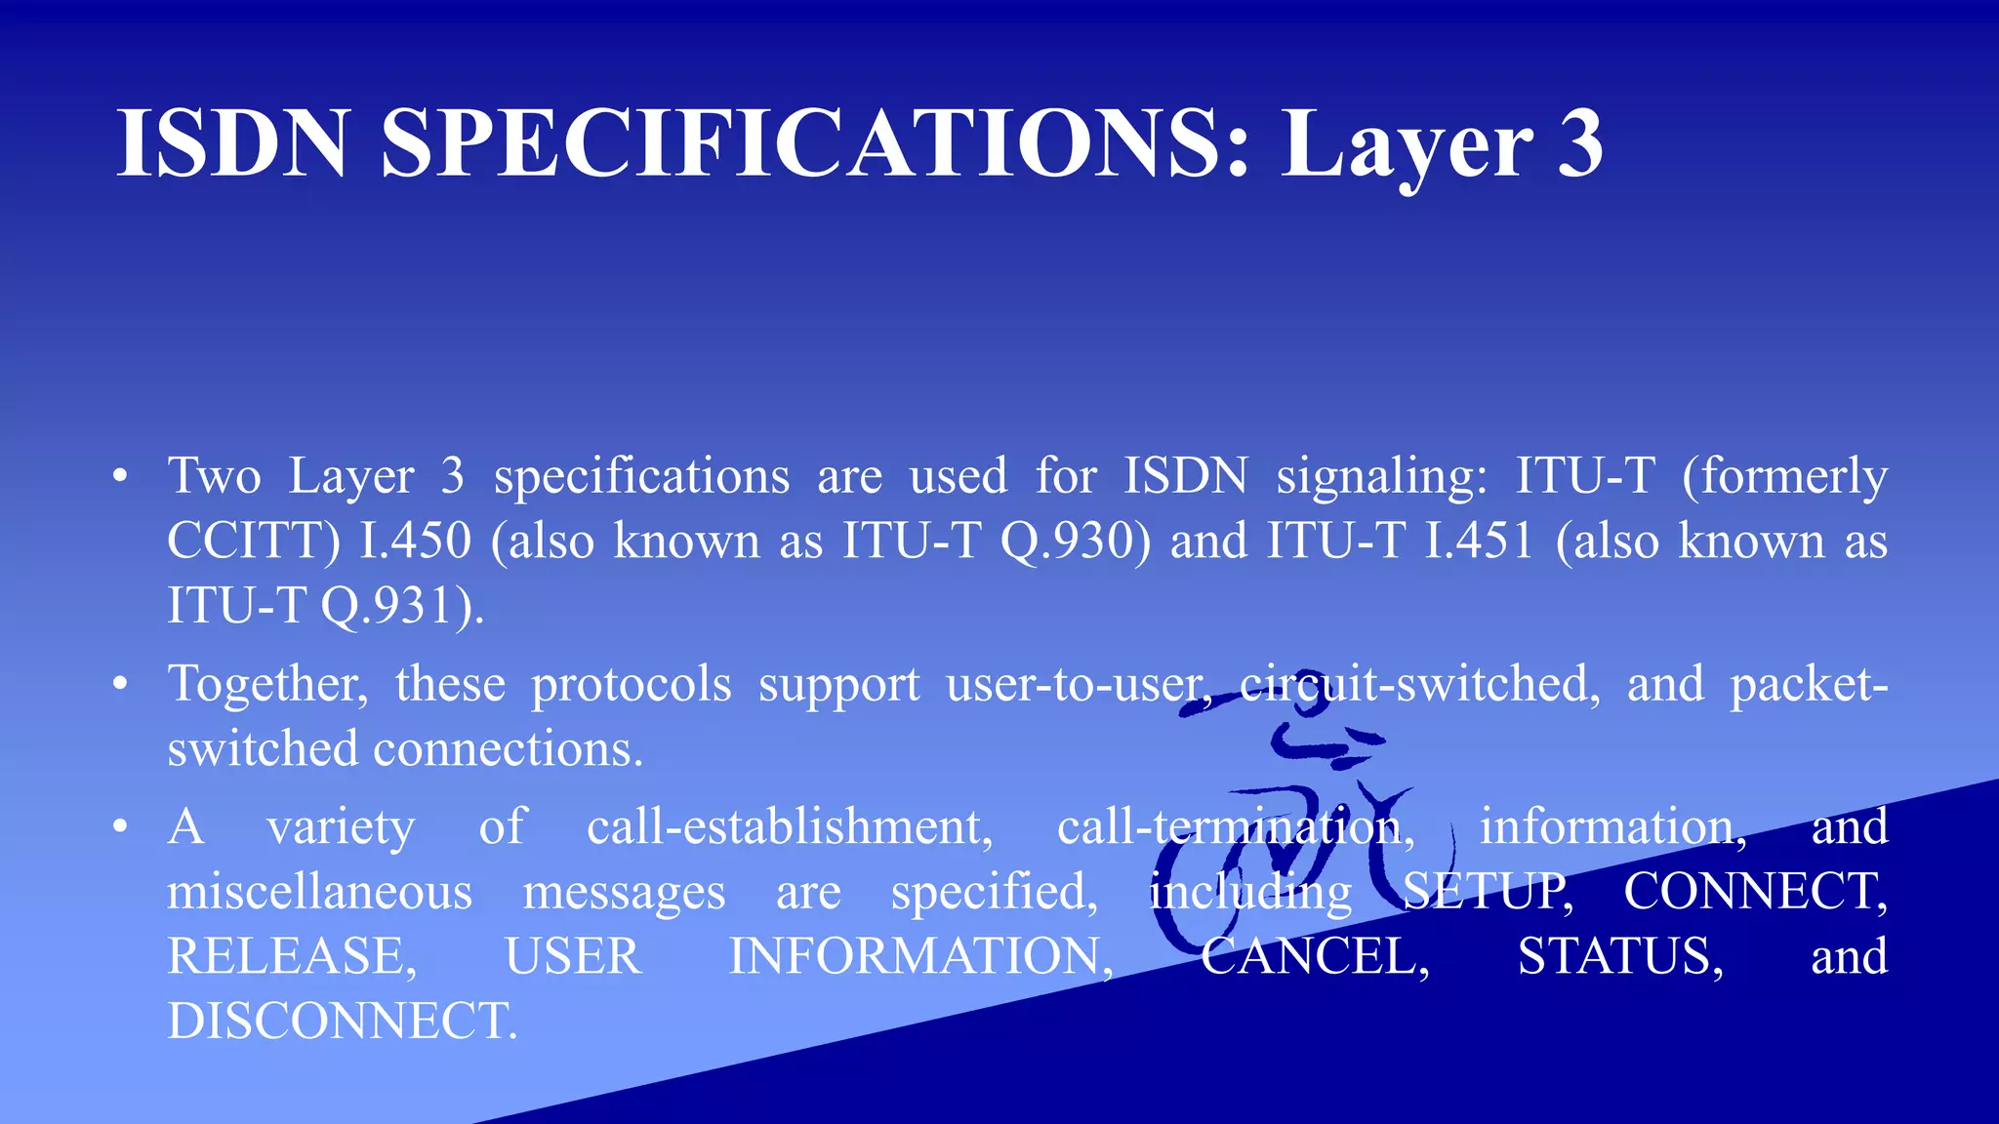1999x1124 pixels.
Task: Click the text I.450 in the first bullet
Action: pyautogui.click(x=416, y=541)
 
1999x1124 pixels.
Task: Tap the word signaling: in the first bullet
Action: pyautogui.click(x=1382, y=477)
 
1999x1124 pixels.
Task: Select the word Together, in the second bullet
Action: pyautogui.click(x=267, y=684)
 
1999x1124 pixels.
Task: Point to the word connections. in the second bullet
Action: pyautogui.click(x=509, y=749)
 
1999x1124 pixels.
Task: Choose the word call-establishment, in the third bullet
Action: pyautogui.click(x=790, y=827)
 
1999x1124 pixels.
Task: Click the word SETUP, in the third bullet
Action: pyautogui.click(x=1488, y=892)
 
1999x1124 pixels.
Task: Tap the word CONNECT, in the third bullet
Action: pyautogui.click(x=1755, y=892)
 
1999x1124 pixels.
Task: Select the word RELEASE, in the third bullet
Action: pyautogui.click(x=292, y=956)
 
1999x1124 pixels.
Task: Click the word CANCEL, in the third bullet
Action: pyautogui.click(x=1315, y=956)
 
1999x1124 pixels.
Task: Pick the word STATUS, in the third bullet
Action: pyautogui.click(x=1620, y=956)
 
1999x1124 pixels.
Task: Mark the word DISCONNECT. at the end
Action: pyautogui.click(x=342, y=1022)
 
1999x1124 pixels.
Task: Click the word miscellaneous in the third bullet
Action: pyautogui.click(x=319, y=892)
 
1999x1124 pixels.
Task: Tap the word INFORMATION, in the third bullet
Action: pyautogui.click(x=920, y=956)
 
